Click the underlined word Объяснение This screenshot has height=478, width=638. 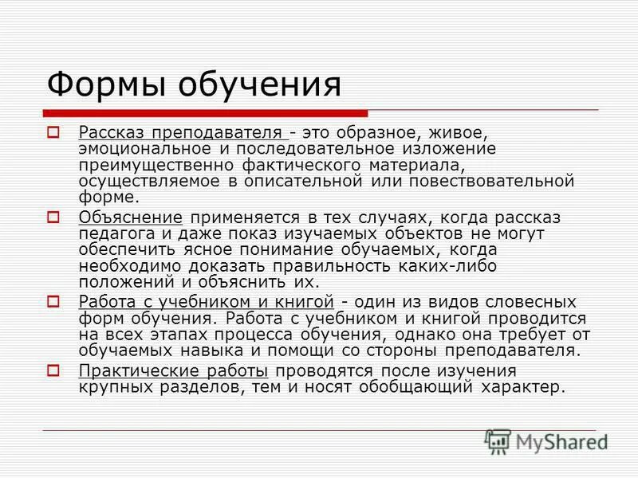point(131,217)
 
